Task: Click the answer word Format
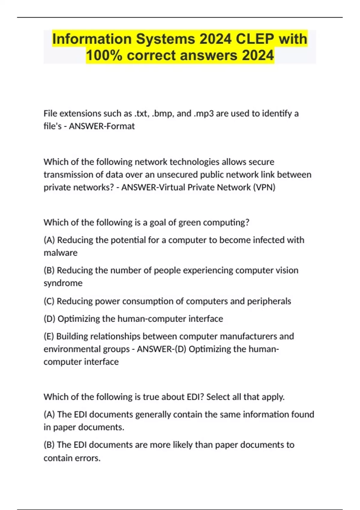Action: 120,126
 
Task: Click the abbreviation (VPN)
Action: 264,187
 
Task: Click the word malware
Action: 61,253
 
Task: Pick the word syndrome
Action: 63,283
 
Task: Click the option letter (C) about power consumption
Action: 49,301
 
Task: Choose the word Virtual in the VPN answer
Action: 172,187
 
